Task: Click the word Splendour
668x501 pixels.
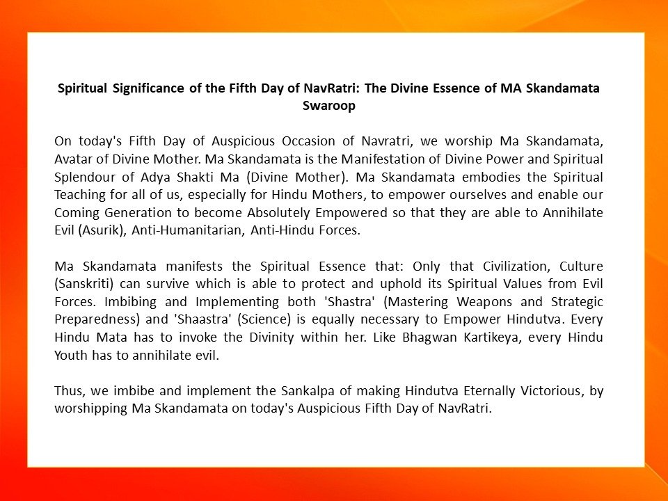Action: click(x=86, y=177)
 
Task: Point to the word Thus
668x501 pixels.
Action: click(x=69, y=391)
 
